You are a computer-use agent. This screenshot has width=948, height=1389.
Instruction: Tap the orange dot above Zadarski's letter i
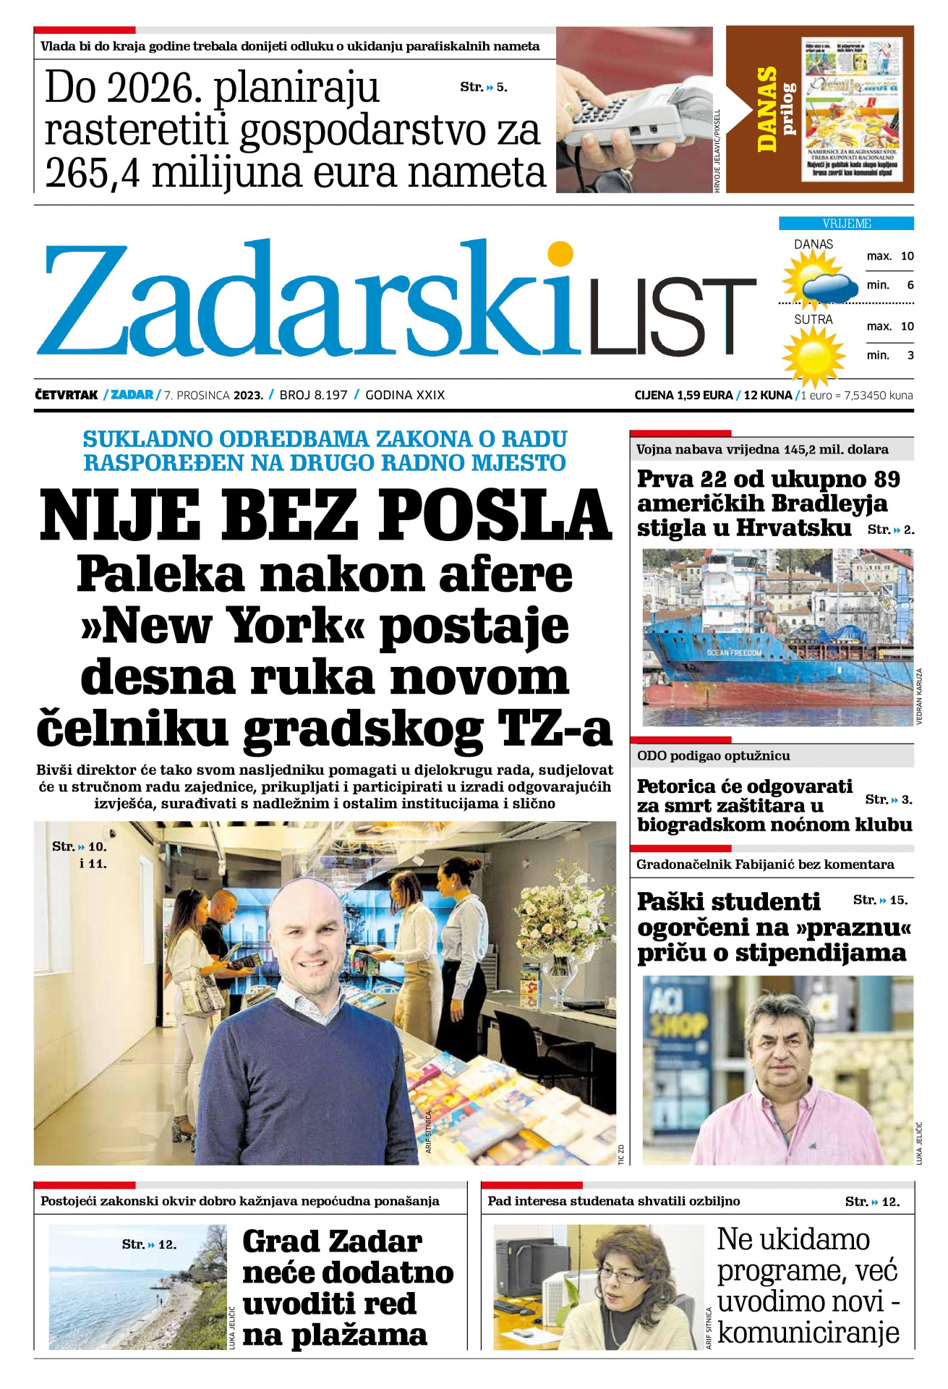(560, 254)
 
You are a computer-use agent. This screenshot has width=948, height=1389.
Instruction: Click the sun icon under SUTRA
(814, 355)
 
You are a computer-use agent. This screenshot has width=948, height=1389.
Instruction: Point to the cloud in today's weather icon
(832, 287)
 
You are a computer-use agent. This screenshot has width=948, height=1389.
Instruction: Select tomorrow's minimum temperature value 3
(910, 355)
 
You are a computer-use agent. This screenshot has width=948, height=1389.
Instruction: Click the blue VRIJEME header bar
(846, 224)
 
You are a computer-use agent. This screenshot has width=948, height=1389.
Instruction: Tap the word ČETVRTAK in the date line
(66, 395)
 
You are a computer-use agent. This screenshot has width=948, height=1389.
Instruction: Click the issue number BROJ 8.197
(313, 395)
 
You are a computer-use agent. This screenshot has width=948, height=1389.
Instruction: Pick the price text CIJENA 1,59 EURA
(683, 395)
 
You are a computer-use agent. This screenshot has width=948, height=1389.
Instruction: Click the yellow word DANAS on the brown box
(766, 109)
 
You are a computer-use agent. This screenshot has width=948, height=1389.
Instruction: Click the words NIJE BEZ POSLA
(325, 515)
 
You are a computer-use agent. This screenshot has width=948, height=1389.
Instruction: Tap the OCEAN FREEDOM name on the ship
(734, 653)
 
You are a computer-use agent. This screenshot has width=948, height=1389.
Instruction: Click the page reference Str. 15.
(880, 900)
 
